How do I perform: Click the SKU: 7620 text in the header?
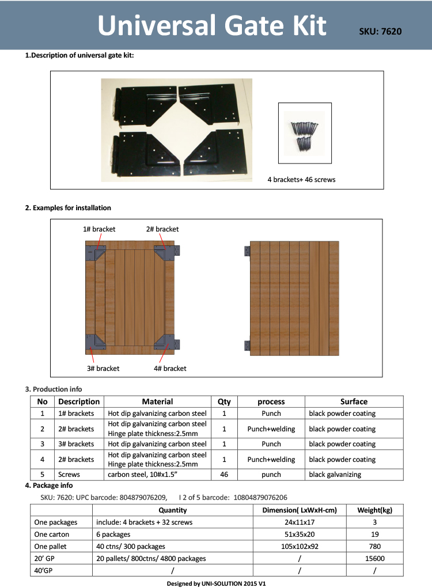[x=380, y=32]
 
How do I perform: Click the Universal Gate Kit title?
[x=212, y=26]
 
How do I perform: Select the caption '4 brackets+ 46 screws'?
[x=301, y=180]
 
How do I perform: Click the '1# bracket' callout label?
[x=99, y=229]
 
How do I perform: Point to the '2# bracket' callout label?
[x=162, y=229]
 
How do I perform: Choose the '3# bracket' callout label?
[x=104, y=368]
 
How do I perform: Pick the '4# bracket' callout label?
[x=170, y=368]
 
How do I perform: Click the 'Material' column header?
[x=157, y=401]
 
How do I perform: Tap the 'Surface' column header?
[x=354, y=401]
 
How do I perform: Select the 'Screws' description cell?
[x=69, y=475]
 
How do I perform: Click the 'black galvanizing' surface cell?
[x=335, y=475]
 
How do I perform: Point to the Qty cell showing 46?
[x=224, y=475]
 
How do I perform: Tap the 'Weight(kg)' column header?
[x=374, y=510]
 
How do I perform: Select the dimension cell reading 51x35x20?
[x=299, y=534]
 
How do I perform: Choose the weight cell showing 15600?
[x=374, y=558]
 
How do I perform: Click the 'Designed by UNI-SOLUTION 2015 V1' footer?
[x=216, y=583]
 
